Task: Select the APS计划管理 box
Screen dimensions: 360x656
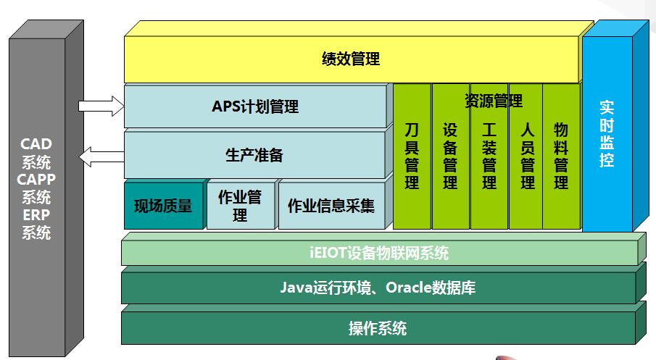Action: pos(254,106)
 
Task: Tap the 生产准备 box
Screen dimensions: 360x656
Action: pos(254,155)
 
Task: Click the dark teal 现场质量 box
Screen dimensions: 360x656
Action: pos(163,206)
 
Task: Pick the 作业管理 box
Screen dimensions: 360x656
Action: pos(239,206)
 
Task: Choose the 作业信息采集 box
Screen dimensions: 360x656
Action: pos(331,206)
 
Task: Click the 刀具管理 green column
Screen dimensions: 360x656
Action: pos(412,156)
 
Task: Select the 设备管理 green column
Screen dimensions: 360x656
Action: pos(450,156)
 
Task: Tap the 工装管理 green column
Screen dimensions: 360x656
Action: pos(489,156)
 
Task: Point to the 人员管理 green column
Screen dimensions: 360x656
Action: pos(527,156)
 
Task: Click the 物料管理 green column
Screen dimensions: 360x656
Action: pos(561,156)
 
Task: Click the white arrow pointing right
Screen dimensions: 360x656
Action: pos(101,106)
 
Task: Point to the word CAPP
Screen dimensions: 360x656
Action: pos(37,180)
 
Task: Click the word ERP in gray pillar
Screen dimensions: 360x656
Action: pos(37,215)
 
